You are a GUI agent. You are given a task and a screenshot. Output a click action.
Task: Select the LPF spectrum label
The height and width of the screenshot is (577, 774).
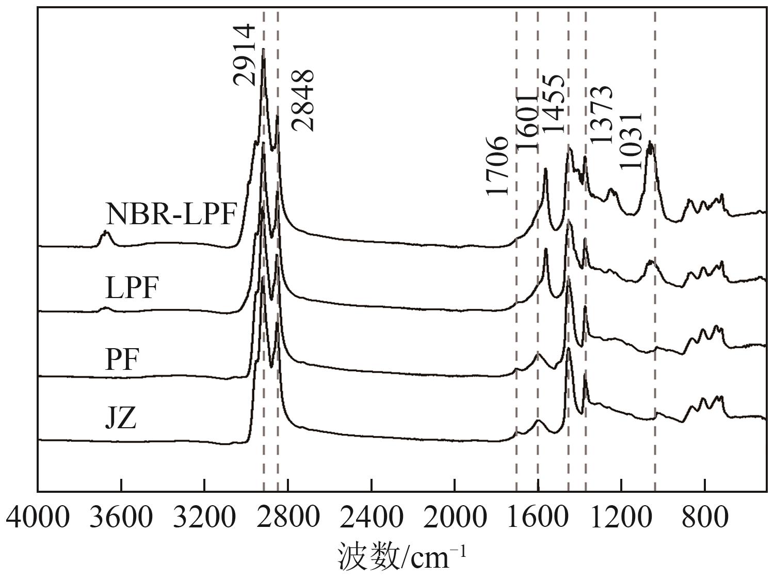[131, 288]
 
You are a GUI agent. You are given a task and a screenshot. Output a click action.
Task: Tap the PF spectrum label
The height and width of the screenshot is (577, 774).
[122, 360]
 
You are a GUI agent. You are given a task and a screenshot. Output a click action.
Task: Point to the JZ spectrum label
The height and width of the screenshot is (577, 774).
[121, 418]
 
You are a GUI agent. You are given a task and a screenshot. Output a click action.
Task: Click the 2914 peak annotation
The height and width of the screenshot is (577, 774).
[244, 54]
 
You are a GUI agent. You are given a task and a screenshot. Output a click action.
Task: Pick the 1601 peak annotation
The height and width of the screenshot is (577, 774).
[527, 122]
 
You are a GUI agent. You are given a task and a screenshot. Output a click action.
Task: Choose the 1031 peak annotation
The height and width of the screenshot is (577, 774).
[631, 140]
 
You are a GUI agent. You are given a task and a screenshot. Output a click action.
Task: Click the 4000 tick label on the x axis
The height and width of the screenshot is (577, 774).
[38, 517]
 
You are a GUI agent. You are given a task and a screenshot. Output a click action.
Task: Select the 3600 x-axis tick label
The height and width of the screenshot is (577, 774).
[121, 517]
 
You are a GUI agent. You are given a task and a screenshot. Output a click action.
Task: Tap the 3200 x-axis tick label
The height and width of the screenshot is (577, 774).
[204, 517]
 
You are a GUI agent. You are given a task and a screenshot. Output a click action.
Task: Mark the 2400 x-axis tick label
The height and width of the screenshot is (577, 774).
[371, 517]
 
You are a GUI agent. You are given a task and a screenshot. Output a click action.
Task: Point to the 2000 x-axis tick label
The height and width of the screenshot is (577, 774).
[455, 517]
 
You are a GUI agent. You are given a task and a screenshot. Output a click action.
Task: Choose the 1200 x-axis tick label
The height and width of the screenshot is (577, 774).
[621, 517]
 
